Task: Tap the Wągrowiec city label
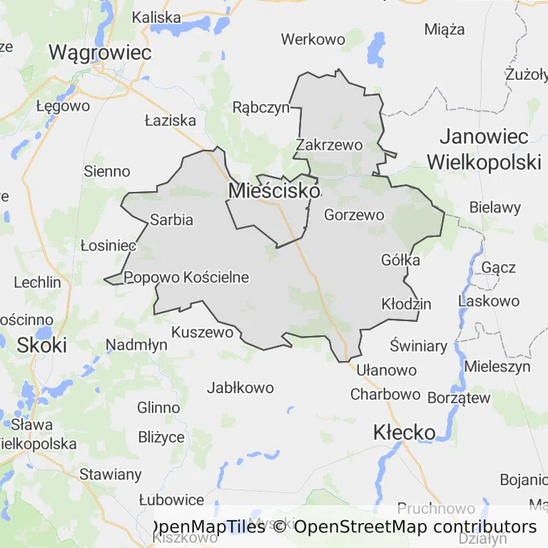pyautogui.click(x=101, y=52)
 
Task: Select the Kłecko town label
pyautogui.click(x=405, y=432)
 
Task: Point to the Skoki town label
pyautogui.click(x=41, y=345)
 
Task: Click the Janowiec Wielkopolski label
pyautogui.click(x=484, y=149)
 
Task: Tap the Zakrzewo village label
pyautogui.click(x=329, y=145)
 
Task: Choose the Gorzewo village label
pyautogui.click(x=354, y=214)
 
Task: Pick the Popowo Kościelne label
pyautogui.click(x=187, y=277)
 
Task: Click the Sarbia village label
pyautogui.click(x=171, y=220)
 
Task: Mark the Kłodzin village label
pyautogui.click(x=407, y=304)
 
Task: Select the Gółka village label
pyautogui.click(x=401, y=260)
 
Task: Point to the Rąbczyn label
pyautogui.click(x=261, y=107)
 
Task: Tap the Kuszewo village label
pyautogui.click(x=203, y=332)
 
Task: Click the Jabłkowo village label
pyautogui.click(x=240, y=388)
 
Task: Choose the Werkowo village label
pyautogui.click(x=313, y=39)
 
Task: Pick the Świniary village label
pyautogui.click(x=419, y=347)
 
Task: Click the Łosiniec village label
pyautogui.click(x=108, y=245)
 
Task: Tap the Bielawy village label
pyautogui.click(x=495, y=208)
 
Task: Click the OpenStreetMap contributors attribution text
pyautogui.click(x=415, y=527)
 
